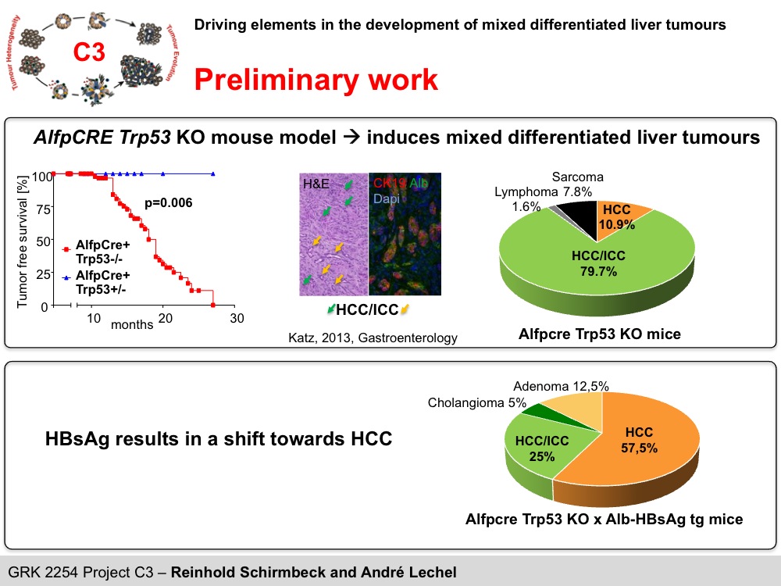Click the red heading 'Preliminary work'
316,79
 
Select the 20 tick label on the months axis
165,318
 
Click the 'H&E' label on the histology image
316,184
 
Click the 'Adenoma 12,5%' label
561,386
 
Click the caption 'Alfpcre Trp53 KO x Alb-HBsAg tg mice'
604,518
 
